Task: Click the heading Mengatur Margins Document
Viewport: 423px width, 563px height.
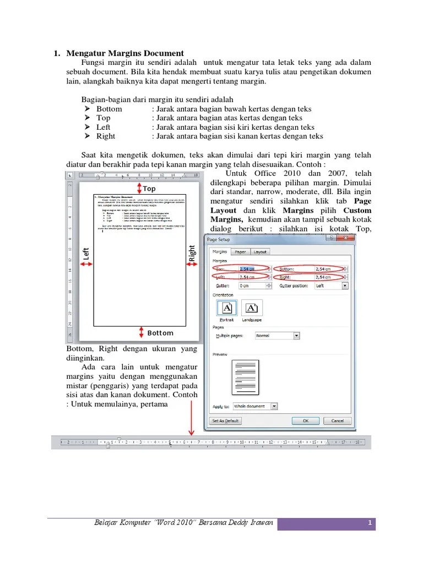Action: pos(125,53)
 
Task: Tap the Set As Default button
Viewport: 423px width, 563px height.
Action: pos(226,421)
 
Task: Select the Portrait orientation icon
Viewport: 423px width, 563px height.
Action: pos(227,308)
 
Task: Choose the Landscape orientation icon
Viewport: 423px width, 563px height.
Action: pos(252,308)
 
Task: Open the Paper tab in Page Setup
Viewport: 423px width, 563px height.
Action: pos(240,252)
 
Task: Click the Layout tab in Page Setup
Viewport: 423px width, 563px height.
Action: pos(260,252)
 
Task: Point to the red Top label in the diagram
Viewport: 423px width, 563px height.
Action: pos(149,189)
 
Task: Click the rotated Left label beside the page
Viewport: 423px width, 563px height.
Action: pos(86,254)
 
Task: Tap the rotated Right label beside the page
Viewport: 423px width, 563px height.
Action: pos(192,253)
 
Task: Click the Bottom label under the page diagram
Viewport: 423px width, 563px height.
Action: pos(160,333)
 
